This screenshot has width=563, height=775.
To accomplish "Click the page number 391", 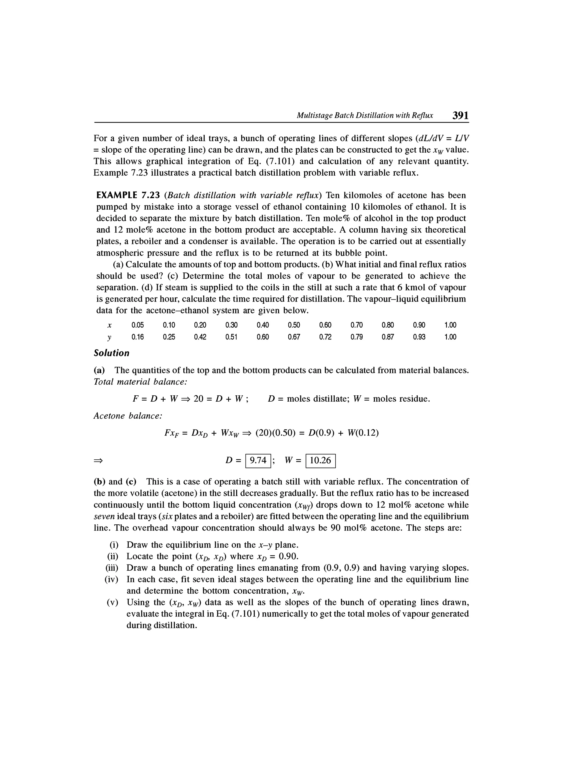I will tap(460, 115).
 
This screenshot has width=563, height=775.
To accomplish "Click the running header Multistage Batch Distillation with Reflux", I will tap(364, 116).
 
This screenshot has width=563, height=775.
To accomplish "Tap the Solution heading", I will tap(112, 353).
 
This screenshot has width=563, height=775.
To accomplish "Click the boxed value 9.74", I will tap(258, 460).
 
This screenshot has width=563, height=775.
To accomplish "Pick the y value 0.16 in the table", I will tap(138, 337).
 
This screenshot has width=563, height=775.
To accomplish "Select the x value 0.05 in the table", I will tap(138, 325).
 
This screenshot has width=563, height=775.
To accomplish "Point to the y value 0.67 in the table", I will tap(294, 337).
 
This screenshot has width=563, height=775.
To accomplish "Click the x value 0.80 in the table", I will tap(388, 325).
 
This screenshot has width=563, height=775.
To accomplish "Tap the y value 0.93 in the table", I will tap(419, 337).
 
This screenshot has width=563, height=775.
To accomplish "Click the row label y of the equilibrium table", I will tap(109, 338).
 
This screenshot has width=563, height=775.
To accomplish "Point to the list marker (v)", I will tap(112, 602).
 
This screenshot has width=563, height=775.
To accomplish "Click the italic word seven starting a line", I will tap(104, 516).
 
